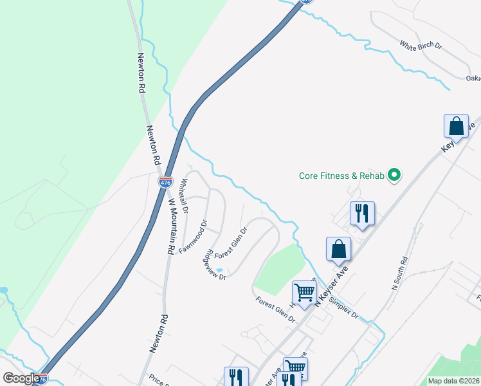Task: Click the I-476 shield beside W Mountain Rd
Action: (165, 182)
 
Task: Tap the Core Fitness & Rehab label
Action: (341, 175)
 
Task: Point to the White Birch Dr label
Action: (421, 46)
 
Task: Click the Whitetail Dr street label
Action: (185, 196)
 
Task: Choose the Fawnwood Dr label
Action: (193, 237)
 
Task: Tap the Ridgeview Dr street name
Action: (215, 265)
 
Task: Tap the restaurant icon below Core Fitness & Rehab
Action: (362, 213)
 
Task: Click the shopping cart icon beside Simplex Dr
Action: (304, 292)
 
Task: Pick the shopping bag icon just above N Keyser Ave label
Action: (338, 248)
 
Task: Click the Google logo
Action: (21, 378)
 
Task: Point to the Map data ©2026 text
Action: (454, 381)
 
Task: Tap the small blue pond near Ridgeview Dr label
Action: (219, 271)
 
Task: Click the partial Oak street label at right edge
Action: (474, 78)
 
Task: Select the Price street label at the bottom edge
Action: (158, 380)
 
